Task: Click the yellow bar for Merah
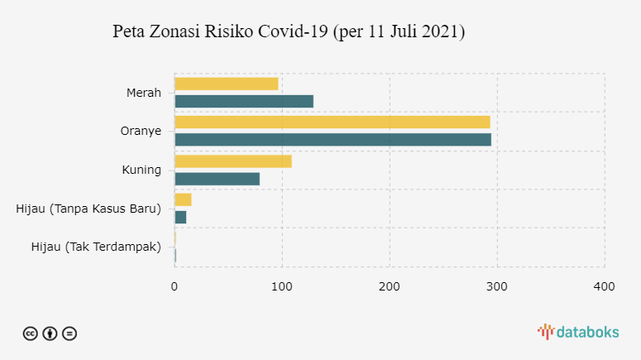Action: [x=226, y=84]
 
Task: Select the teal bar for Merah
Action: [x=244, y=101]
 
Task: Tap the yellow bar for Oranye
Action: [x=332, y=122]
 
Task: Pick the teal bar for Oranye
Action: [x=332, y=140]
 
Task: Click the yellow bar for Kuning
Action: [x=232, y=161]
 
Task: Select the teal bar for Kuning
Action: [x=217, y=179]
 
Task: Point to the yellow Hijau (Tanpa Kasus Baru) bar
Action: [x=183, y=199]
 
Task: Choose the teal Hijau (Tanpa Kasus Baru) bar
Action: [x=180, y=217]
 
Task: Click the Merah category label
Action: [x=143, y=92]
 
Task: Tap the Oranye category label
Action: [x=141, y=131]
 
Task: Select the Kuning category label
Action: [x=141, y=170]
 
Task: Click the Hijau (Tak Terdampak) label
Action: [x=95, y=247]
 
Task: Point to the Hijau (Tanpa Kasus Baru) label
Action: [x=88, y=209]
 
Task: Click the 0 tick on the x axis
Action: [x=175, y=286]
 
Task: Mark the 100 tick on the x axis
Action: [x=282, y=286]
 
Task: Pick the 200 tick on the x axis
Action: [x=390, y=286]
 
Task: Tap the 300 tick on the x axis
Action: [x=497, y=286]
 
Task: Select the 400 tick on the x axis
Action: [x=605, y=286]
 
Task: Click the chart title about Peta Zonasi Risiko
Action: [x=289, y=33]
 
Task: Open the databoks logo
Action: [x=578, y=332]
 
